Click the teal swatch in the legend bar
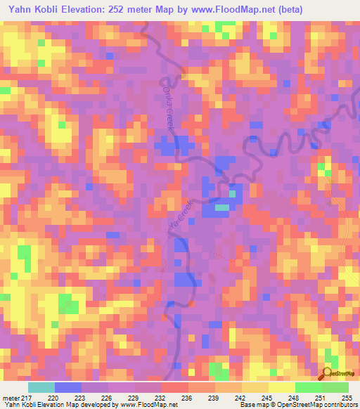(41, 387)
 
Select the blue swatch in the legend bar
(68, 387)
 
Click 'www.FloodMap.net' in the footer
(150, 405)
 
